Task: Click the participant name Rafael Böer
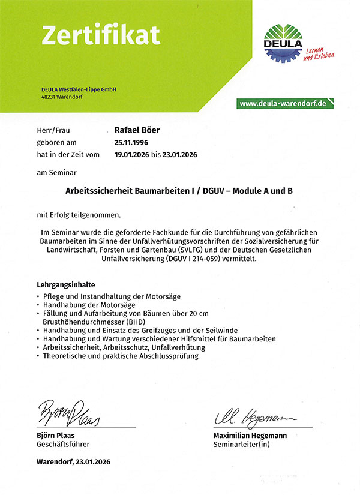point(137,130)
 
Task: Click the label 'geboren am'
point(56,143)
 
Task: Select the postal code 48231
point(49,97)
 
